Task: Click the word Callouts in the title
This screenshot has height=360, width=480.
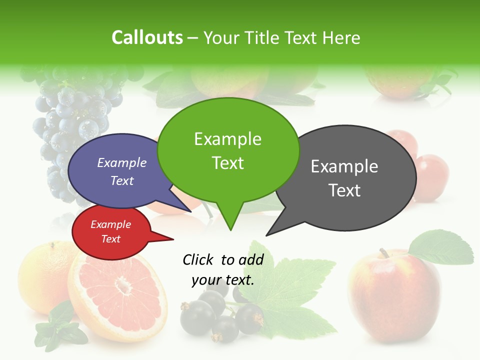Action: (147, 37)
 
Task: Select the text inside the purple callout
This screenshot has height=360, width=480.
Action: (122, 171)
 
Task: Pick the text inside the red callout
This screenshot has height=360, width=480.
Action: (110, 231)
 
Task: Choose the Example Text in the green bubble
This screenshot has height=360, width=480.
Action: (228, 150)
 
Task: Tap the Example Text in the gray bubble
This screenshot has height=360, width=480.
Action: (344, 178)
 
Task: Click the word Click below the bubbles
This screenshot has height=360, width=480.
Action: (199, 259)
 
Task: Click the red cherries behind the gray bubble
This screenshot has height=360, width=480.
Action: (429, 175)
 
